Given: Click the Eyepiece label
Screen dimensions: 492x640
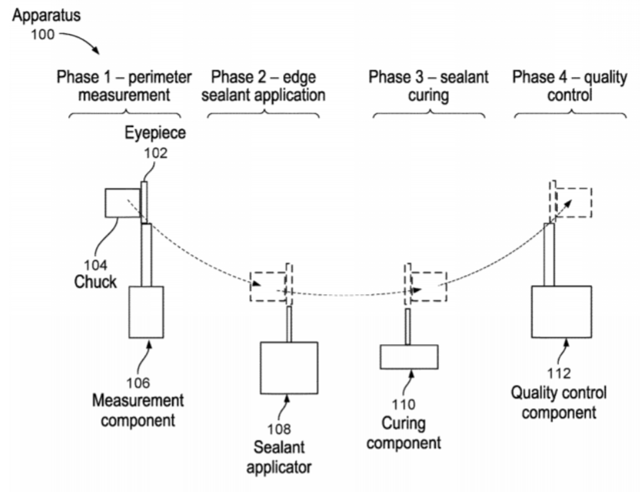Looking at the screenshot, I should tap(155, 133).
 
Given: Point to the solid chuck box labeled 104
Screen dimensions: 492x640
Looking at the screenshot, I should tap(122, 202).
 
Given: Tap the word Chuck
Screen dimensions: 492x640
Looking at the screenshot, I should tap(95, 282).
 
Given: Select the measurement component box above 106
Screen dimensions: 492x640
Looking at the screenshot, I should tap(146, 312).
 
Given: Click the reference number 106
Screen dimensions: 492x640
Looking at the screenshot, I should tap(140, 383).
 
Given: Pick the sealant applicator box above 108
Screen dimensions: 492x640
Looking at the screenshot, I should tap(288, 368).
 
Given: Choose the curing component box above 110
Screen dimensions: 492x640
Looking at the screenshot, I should tap(408, 357).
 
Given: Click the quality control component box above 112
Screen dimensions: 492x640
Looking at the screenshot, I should tap(561, 312).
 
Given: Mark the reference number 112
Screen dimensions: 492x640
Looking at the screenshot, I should tap(558, 373).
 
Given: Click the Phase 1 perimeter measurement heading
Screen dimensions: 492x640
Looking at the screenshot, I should tap(124, 86).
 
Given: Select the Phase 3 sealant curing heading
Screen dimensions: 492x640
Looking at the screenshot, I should tap(428, 86).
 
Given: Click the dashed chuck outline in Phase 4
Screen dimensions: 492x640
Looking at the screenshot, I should tap(573, 202).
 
